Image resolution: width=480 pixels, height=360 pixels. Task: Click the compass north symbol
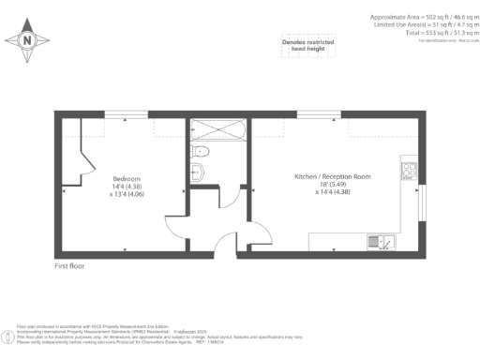(26, 40)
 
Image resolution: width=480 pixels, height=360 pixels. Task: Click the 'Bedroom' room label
(127, 178)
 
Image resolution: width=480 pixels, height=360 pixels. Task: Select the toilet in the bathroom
(200, 151)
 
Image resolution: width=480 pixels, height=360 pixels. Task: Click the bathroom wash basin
(198, 172)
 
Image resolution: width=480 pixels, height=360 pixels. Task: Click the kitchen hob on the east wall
(409, 171)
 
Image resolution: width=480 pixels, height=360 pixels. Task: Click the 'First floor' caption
(71, 267)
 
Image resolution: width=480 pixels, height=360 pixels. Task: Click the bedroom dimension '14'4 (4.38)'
(127, 187)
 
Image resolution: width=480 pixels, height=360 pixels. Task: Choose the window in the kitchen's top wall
(309, 114)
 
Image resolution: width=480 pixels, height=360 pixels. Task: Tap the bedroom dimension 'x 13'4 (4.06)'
(127, 195)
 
